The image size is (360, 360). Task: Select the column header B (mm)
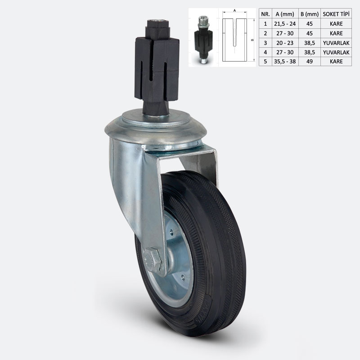coord(309,13)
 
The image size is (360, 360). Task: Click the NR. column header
coord(265,13)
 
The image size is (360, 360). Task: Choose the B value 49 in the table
coord(309,62)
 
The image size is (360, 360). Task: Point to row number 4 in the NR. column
coord(265,52)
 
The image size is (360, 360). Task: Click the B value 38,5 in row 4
coord(309,52)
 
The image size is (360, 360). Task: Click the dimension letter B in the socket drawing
coord(252,40)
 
